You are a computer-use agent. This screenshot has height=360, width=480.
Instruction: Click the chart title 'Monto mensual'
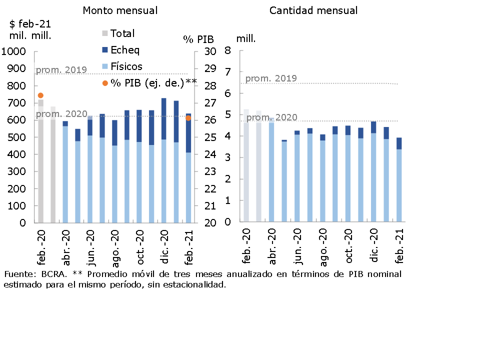point(120,10)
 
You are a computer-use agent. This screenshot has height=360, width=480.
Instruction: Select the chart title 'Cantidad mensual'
point(313,10)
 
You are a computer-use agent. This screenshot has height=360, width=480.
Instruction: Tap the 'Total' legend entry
point(122,33)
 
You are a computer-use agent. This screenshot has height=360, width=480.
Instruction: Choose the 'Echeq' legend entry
point(124,50)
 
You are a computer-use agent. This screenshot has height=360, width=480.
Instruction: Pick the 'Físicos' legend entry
point(126,66)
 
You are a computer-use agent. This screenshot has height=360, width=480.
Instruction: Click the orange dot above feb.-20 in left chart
point(40,95)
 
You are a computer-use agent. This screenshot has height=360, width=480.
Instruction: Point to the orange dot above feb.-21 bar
point(188,118)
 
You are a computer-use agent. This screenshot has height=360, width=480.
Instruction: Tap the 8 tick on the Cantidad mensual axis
point(227,50)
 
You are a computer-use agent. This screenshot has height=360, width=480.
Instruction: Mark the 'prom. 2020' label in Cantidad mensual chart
point(272,117)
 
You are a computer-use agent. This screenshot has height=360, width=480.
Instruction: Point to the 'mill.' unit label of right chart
point(246,38)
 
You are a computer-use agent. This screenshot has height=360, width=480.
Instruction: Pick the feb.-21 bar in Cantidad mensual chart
point(399,180)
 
